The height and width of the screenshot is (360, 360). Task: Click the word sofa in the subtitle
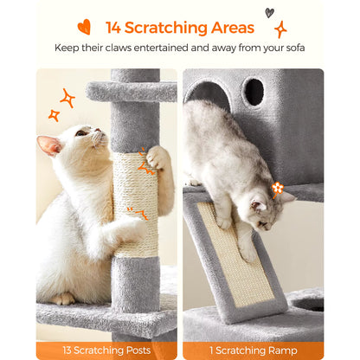point(293,47)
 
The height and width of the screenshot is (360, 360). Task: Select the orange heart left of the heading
point(84,27)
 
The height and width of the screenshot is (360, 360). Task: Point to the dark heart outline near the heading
point(269,12)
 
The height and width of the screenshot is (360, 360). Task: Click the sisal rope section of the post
point(134,203)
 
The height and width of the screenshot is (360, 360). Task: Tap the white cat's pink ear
point(49,144)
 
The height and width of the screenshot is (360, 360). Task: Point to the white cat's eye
point(81,132)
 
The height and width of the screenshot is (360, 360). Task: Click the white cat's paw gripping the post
point(158,157)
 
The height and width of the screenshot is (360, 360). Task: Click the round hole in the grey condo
point(254,91)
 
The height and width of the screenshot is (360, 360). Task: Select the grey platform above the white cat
point(130,91)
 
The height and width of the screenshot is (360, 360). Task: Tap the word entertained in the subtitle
point(187,47)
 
